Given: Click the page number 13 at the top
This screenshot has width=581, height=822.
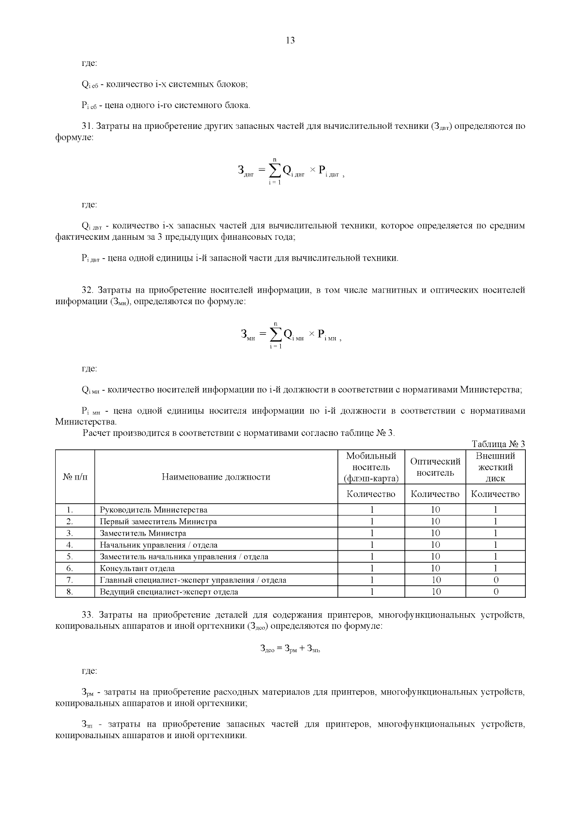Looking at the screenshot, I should pyautogui.click(x=290, y=41).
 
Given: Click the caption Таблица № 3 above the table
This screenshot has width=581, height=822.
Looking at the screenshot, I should pyautogui.click(x=498, y=444).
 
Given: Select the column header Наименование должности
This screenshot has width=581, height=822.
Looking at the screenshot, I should pyautogui.click(x=216, y=477).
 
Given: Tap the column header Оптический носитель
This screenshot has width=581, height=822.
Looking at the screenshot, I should pyautogui.click(x=435, y=467).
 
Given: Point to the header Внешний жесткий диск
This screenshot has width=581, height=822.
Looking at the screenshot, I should pyautogui.click(x=495, y=467).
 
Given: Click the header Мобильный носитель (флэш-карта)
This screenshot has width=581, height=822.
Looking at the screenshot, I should pyautogui.click(x=371, y=467).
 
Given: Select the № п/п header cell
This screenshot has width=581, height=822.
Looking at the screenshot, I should pyautogui.click(x=75, y=477).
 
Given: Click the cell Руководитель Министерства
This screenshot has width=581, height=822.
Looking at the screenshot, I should pyautogui.click(x=153, y=510).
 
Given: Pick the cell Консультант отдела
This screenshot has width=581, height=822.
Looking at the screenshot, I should pyautogui.click(x=137, y=568).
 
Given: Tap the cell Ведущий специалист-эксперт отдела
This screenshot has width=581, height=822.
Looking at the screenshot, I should pyautogui.click(x=168, y=591).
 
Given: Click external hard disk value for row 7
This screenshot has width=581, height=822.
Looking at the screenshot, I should pyautogui.click(x=495, y=580).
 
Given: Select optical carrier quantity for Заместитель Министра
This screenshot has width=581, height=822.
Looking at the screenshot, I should pyautogui.click(x=435, y=533).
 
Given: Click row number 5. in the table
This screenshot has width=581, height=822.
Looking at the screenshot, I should pyautogui.click(x=70, y=557).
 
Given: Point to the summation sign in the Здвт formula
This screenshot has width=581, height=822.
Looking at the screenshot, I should pyautogui.click(x=275, y=170).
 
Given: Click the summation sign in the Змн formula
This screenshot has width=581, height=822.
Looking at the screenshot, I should pyautogui.click(x=275, y=334).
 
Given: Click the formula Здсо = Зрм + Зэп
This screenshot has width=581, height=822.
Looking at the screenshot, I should pyautogui.click(x=290, y=649).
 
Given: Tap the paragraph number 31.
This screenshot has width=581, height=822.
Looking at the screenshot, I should pyautogui.click(x=87, y=126).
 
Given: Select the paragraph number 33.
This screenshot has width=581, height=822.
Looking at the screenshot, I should pyautogui.click(x=88, y=615).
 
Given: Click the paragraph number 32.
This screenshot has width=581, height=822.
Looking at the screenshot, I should pyautogui.click(x=88, y=290).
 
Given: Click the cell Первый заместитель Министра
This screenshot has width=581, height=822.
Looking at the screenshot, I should pyautogui.click(x=158, y=522).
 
